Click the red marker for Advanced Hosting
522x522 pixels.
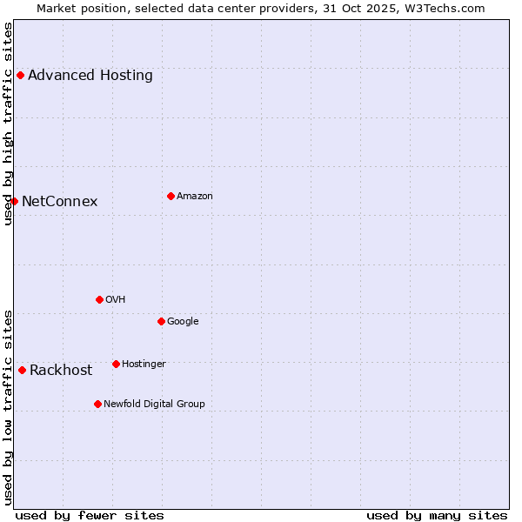pos(20,75)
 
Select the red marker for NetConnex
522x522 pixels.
pos(14,201)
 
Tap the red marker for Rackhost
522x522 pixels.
pos(22,370)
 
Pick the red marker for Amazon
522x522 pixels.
pos(171,196)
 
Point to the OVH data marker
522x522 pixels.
pos(99,299)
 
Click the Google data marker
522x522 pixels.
pos(161,321)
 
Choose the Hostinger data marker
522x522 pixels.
pos(116,364)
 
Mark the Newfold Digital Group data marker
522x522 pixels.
pos(97,404)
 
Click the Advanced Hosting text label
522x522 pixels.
pos(90,75)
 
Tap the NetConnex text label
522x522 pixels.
pos(59,202)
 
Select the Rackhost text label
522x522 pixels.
pos(61,371)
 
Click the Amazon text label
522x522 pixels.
pos(195,197)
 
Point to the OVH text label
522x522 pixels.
pos(116,300)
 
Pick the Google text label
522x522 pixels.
pos(183,322)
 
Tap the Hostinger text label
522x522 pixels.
pos(144,365)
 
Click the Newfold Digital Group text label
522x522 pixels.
pos(154,405)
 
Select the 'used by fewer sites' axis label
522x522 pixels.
pos(90,515)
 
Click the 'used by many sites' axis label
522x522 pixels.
pos(437,515)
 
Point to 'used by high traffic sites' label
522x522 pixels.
pos(9,124)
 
